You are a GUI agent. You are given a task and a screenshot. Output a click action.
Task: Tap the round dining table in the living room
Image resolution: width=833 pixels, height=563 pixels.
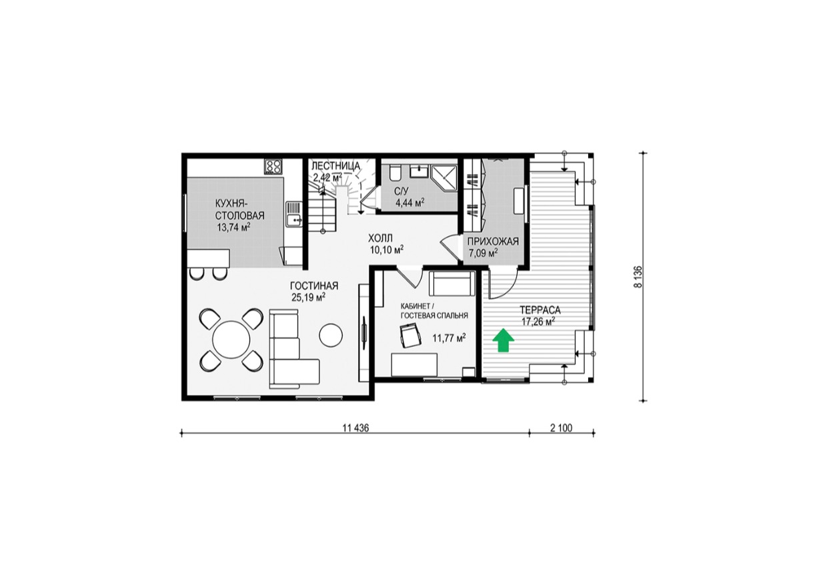[231, 340]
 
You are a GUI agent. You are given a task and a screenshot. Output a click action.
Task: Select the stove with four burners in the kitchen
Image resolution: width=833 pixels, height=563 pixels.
[273, 167]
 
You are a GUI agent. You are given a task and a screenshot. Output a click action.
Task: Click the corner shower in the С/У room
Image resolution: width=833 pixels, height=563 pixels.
[444, 177]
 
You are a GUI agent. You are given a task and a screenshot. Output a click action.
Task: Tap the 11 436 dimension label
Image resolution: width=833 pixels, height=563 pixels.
[355, 428]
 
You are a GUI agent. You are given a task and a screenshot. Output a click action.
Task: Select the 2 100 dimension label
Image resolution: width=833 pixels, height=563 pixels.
[561, 428]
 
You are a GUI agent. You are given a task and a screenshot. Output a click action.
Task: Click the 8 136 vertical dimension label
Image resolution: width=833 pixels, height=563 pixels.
[639, 277]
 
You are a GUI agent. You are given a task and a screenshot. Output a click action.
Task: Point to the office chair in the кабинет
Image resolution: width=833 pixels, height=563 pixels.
[410, 335]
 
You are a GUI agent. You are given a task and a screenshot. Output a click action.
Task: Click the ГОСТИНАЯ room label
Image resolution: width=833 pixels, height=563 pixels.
[314, 286]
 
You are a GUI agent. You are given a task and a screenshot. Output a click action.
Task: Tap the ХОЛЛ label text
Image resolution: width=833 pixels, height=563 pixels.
[380, 238]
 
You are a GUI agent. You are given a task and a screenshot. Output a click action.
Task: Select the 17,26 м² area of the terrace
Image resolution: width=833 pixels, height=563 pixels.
[538, 322]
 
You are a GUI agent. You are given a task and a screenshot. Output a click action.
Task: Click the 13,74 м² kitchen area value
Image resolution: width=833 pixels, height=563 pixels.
[233, 227]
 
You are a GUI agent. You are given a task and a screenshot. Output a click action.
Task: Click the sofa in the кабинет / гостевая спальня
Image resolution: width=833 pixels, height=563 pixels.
[452, 284]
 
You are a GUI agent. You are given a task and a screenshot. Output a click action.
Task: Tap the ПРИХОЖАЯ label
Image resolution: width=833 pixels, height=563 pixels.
[493, 241]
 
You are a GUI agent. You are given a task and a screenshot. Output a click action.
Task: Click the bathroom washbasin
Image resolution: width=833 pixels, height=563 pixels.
[420, 171]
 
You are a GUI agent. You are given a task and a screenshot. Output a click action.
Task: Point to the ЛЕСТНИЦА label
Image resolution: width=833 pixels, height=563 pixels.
[336, 165]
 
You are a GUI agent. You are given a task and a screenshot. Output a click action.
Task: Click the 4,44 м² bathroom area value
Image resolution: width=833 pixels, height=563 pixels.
[410, 203]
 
